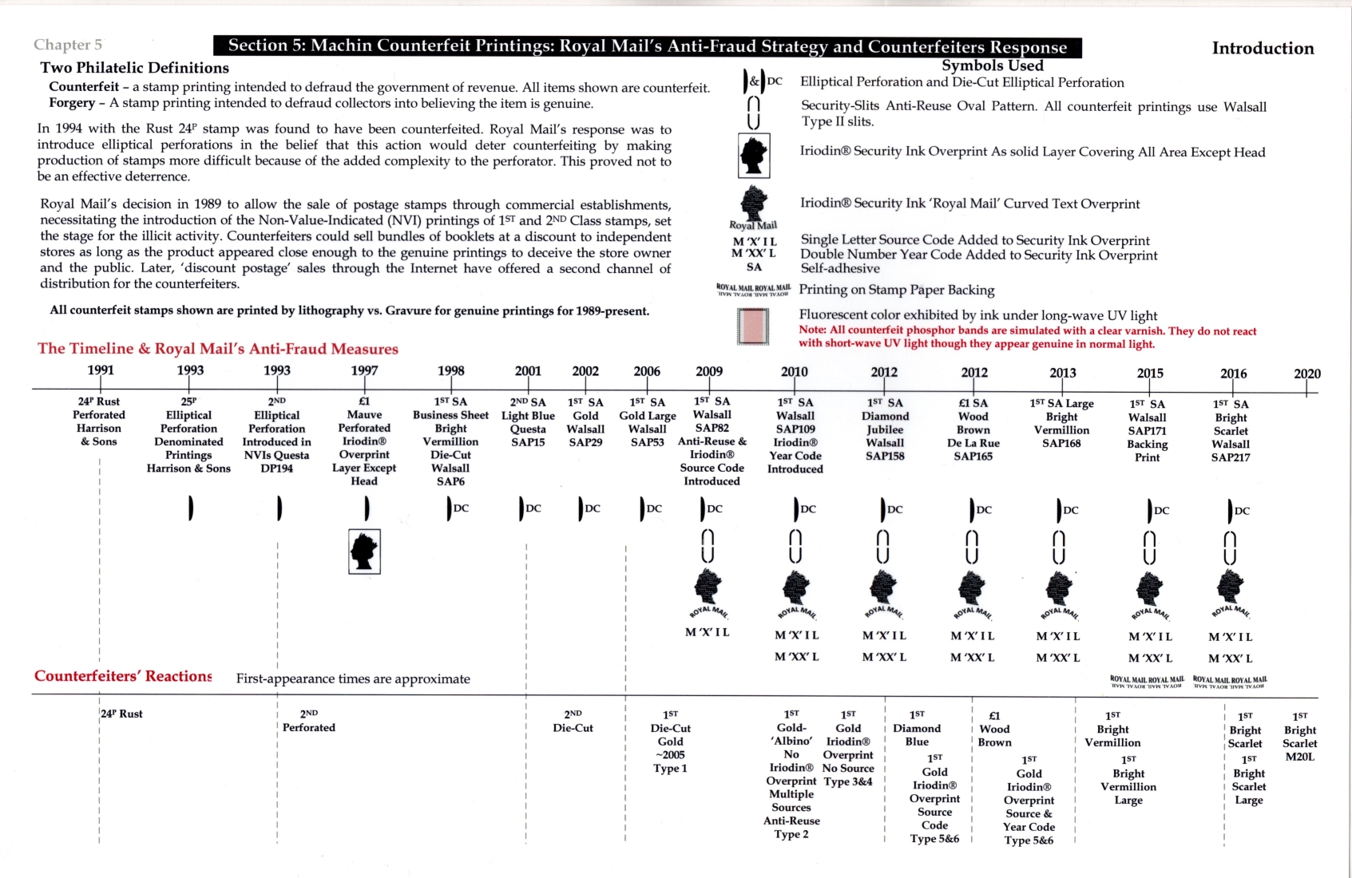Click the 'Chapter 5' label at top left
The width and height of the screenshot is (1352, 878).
[68, 45]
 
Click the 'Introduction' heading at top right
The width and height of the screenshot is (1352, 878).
[1263, 48]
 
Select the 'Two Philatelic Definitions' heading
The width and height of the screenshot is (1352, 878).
[135, 68]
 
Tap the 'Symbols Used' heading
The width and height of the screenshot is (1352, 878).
[992, 65]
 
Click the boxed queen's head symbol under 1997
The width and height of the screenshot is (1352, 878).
[364, 552]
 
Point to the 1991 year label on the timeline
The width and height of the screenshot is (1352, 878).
[101, 370]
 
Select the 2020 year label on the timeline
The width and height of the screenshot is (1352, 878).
[1306, 374]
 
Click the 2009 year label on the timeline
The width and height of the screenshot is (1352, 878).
[709, 371]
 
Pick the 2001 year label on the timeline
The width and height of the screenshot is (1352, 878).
[528, 371]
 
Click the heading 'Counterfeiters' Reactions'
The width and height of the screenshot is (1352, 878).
[123, 676]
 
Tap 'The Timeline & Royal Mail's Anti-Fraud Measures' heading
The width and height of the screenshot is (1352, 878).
[218, 349]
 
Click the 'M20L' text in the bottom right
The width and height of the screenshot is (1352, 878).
[1299, 757]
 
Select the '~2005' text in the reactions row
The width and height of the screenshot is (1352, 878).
[670, 755]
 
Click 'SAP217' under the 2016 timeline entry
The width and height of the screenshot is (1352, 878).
[1231, 457]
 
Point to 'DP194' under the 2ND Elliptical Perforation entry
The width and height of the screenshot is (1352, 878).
[277, 469]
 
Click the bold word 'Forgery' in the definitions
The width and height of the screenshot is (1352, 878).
[72, 103]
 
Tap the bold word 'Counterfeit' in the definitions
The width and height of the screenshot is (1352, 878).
[84, 87]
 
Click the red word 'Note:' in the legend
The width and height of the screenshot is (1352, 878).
[813, 330]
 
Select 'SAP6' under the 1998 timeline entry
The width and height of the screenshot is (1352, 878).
[450, 481]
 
